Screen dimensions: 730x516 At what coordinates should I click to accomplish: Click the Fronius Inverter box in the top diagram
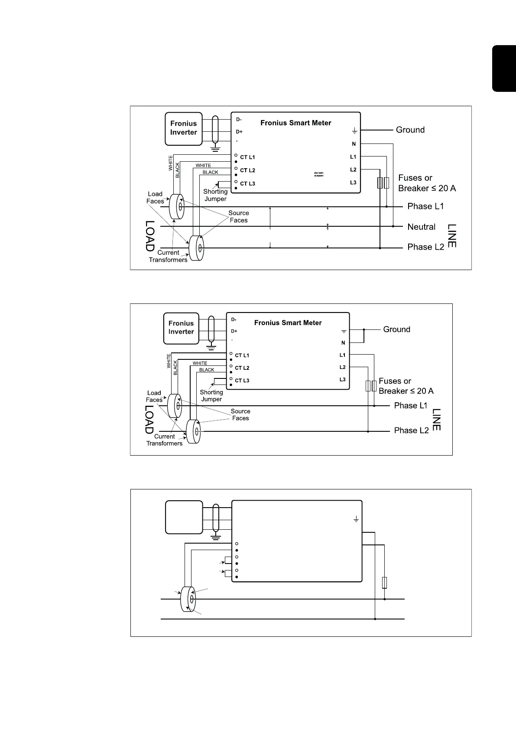183,128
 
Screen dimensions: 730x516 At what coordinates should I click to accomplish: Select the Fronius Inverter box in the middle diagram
181,328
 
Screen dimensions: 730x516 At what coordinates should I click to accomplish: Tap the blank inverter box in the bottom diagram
184,517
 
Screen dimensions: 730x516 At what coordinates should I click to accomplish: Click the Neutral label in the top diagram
421,227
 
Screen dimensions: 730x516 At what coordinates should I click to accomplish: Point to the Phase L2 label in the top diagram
425,247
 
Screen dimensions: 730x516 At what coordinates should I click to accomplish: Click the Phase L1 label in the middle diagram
410,406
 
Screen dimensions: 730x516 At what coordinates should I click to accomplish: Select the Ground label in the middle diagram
396,329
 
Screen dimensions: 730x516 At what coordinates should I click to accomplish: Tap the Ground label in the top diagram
410,130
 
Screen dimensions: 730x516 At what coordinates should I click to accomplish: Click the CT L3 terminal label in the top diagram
247,184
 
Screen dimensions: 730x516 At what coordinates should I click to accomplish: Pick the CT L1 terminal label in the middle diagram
242,355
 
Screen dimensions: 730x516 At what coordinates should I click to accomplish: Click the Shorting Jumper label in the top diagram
215,195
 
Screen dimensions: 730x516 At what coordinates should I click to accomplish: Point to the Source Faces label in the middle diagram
240,415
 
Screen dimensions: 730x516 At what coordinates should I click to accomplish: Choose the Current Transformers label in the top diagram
168,256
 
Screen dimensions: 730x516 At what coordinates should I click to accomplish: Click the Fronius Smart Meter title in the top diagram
295,123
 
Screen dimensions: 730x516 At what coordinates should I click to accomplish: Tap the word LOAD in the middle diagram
149,420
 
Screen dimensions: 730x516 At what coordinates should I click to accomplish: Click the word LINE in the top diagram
451,236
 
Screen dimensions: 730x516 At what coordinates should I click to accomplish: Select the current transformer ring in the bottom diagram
188,599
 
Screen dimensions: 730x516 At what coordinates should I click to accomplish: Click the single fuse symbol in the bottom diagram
384,583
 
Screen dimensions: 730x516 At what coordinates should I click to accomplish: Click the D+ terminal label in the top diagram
239,132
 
